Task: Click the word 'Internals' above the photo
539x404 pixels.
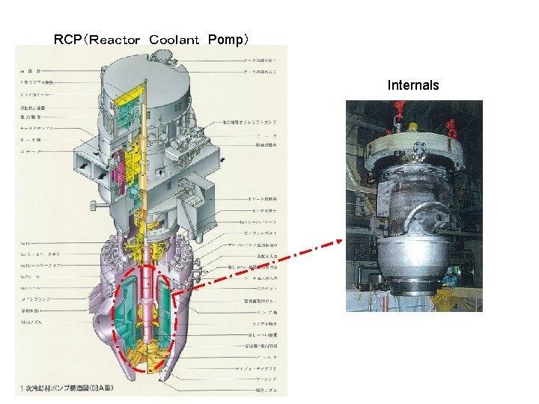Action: click(412, 85)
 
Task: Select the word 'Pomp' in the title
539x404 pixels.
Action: click(224, 39)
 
